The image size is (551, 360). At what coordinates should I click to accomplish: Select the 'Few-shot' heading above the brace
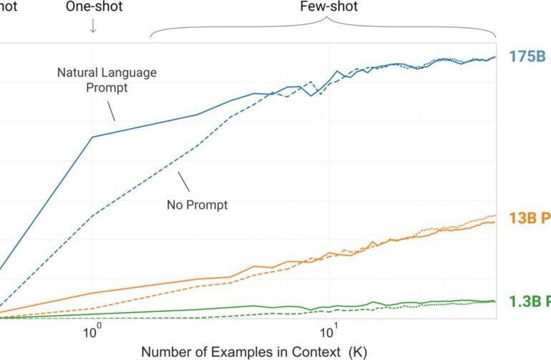pos(328,7)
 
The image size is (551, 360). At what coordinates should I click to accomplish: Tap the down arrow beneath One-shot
pos(92,26)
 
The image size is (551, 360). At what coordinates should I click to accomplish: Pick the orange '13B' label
pos(529,218)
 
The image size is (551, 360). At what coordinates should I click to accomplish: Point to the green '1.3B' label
pos(529,301)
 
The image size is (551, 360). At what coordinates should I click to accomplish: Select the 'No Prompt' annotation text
pos(197,205)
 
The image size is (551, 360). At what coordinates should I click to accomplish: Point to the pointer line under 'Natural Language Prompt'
pos(110,110)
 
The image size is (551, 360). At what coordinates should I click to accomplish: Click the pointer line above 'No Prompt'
pos(183,182)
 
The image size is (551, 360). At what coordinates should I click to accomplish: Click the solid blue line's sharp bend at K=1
pos(92,137)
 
